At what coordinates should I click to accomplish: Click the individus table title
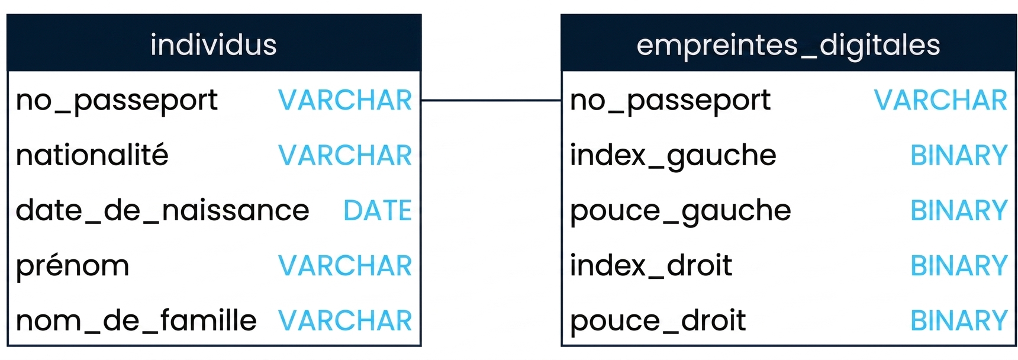(214, 45)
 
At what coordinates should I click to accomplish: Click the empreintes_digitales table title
(788, 46)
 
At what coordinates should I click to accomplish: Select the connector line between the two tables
(491, 101)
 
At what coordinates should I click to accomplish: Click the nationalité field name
(92, 155)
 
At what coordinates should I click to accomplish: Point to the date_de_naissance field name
(163, 211)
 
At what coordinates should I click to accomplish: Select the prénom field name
(73, 266)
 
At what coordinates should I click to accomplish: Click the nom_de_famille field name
(137, 320)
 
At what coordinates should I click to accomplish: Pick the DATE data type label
(378, 211)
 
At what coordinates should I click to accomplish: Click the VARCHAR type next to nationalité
(345, 156)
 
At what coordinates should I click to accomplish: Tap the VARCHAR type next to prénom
(345, 266)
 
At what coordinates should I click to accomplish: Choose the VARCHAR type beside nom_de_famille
(345, 321)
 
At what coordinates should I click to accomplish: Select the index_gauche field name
(673, 156)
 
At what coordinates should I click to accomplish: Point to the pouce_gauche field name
(681, 211)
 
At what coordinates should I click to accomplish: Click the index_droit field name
(651, 266)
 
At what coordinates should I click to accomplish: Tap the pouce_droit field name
(658, 321)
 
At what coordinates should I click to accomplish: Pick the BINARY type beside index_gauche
(959, 156)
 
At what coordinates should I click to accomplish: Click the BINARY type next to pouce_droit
(959, 321)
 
